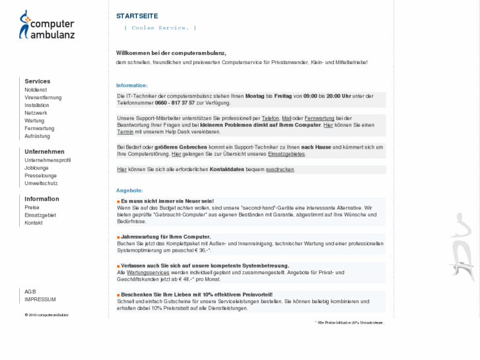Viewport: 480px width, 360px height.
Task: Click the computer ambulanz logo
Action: point(47,24)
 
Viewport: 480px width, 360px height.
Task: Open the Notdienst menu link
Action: point(36,89)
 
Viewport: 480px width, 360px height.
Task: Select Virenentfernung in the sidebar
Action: point(43,97)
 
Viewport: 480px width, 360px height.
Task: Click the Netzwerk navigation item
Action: point(36,113)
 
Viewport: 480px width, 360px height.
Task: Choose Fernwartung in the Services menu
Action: point(39,128)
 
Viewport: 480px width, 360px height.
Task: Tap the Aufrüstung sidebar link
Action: point(37,136)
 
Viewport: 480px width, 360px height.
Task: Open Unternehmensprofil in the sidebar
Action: point(48,160)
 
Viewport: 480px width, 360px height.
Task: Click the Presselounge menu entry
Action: point(41,176)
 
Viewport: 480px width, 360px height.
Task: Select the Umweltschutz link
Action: point(41,184)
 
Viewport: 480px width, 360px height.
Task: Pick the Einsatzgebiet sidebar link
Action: point(40,215)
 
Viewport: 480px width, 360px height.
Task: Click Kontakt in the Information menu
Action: point(34,223)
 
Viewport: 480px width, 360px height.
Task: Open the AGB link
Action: point(30,291)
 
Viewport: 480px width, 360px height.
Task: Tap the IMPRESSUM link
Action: point(40,299)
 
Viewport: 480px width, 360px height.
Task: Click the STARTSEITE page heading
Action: point(137,16)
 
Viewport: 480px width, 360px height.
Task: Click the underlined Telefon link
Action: point(271,118)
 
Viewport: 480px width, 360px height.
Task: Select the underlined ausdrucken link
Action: point(280,170)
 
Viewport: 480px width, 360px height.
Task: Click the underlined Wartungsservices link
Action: point(148,272)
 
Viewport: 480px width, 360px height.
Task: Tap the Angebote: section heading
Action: point(129,190)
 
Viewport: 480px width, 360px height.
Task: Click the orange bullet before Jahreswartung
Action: point(118,237)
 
